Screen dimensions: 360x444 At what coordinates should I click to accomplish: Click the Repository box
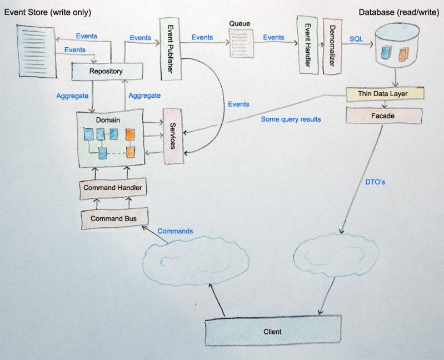tap(106, 71)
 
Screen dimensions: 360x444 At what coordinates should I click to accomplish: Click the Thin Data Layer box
tap(384, 94)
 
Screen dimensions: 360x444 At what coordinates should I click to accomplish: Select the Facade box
tap(383, 116)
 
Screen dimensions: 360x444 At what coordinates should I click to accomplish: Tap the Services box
tap(172, 135)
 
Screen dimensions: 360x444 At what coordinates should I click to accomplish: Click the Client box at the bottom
tap(272, 332)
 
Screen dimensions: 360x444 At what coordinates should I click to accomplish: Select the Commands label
tap(175, 231)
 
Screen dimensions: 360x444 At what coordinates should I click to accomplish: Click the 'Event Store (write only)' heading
tap(47, 12)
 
